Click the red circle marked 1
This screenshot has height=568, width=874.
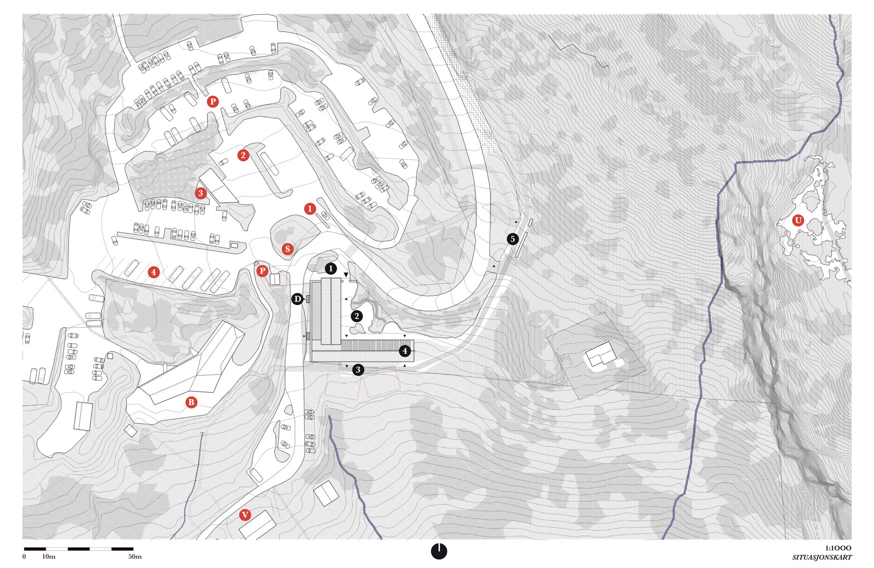point(310,209)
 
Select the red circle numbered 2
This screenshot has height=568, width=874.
point(243,155)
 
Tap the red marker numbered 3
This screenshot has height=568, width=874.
point(200,193)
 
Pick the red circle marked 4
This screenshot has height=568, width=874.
point(153,272)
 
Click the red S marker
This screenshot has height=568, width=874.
point(287,249)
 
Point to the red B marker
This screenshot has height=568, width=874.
point(191,402)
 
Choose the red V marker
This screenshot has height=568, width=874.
point(245,515)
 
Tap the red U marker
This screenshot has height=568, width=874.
point(798,221)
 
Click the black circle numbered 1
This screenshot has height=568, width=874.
point(331,268)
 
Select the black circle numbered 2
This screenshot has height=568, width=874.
point(357,316)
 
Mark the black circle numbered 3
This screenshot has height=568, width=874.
point(358,370)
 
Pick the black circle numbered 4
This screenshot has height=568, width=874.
point(405,351)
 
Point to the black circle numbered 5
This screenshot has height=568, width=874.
point(513,239)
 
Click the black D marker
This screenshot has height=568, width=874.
point(297,299)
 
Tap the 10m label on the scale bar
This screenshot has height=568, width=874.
point(49,557)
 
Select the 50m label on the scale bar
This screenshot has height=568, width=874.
point(135,557)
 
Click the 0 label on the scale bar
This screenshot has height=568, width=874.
point(24,557)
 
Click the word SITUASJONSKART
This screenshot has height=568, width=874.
point(822,558)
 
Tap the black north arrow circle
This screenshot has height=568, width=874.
point(439,551)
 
